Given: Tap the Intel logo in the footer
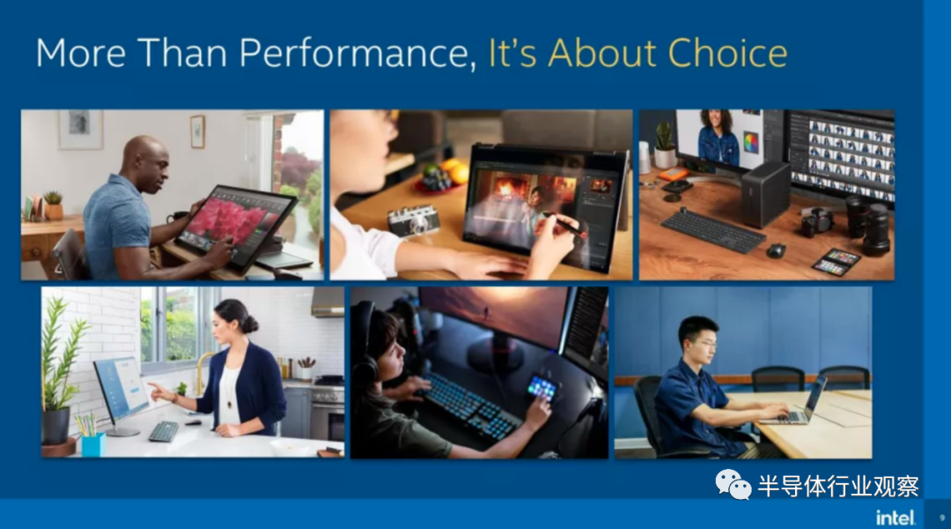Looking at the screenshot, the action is click(896, 518).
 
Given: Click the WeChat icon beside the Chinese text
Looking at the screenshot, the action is click(733, 484).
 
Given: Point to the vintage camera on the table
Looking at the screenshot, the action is click(413, 220).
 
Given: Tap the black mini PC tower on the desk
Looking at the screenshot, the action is click(765, 193).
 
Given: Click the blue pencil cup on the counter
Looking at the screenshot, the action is click(92, 444).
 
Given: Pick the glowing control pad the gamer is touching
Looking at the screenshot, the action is click(542, 387).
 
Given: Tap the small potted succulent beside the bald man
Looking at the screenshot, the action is click(54, 205).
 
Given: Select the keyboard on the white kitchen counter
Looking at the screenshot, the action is click(164, 431).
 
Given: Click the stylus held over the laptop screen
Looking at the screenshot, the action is click(564, 225).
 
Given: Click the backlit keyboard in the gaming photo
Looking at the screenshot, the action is click(466, 406).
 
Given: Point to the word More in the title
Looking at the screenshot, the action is click(81, 53).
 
